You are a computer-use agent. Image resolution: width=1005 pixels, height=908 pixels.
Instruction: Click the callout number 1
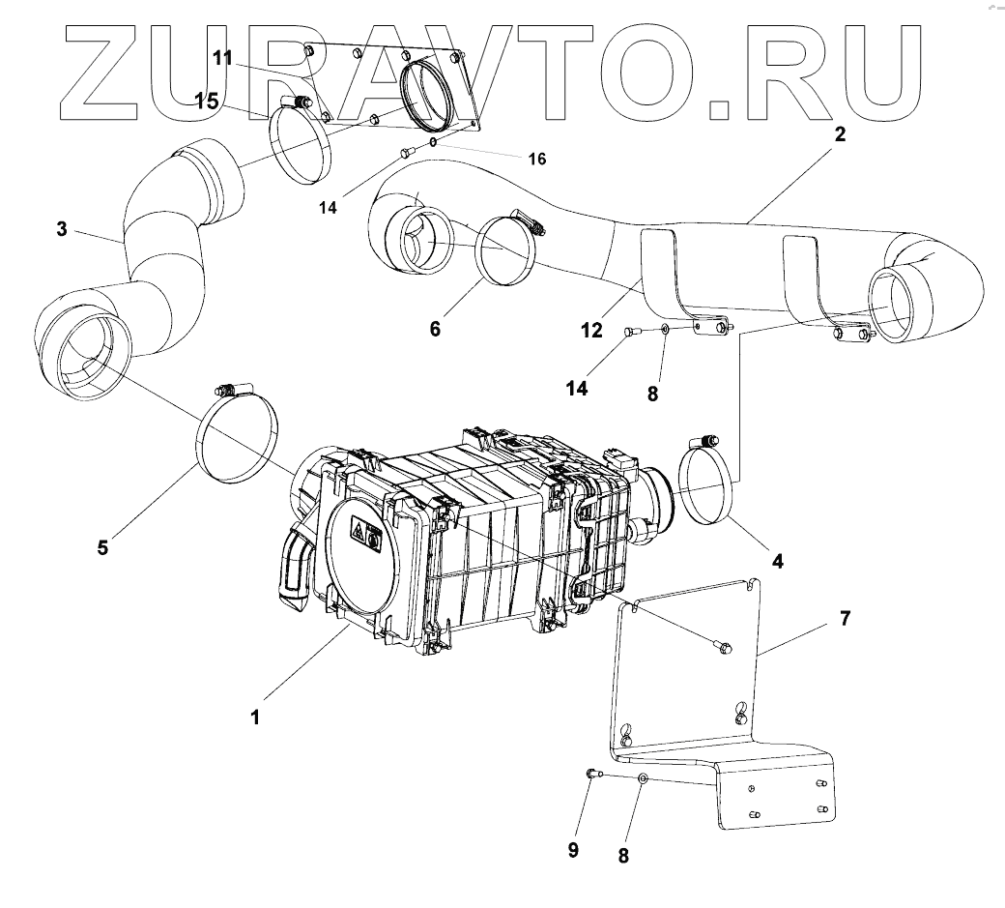pos(255,718)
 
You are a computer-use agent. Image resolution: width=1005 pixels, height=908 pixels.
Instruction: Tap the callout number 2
pos(840,135)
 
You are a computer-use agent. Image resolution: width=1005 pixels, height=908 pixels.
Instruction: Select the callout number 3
pos(62,230)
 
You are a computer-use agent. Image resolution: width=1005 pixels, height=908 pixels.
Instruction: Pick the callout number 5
pos(102,546)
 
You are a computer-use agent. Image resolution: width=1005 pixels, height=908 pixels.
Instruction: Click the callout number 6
pos(435,329)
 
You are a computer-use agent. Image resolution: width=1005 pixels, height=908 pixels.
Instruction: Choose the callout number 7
pos(845,619)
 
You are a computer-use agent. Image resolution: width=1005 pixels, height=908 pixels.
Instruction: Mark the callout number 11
pos(223,58)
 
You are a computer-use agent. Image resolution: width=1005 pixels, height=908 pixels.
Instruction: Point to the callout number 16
pos(536,159)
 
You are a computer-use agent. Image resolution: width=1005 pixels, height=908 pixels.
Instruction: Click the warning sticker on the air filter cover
pos(362,533)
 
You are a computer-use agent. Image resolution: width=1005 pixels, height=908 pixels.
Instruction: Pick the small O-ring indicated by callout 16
pos(433,141)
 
